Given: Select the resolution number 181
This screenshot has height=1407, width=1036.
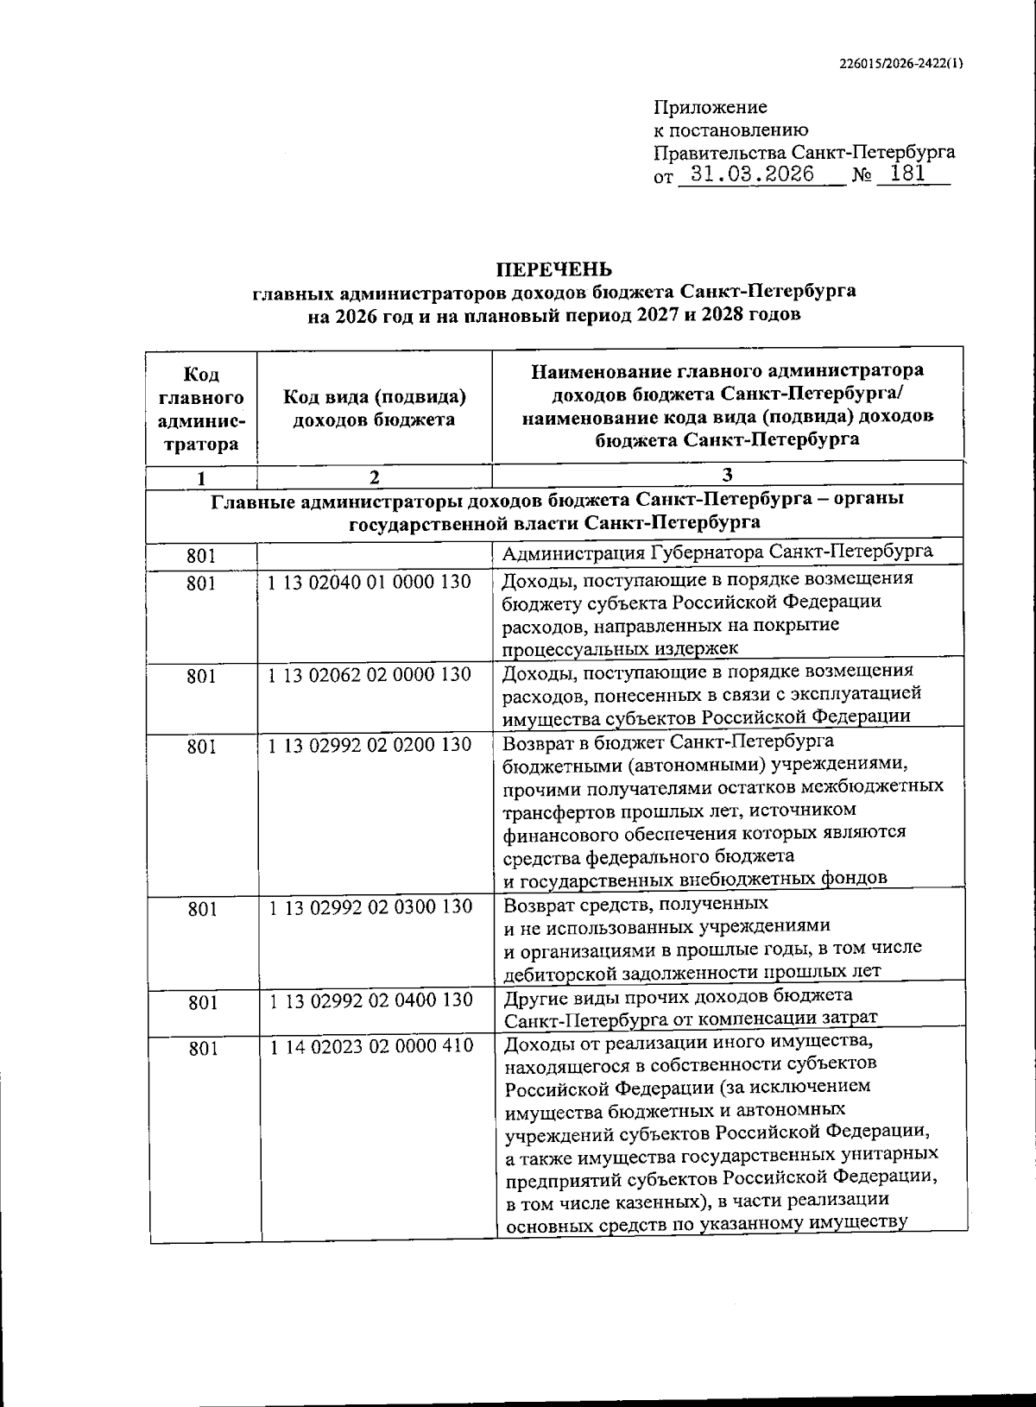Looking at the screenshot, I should pyautogui.click(x=907, y=174).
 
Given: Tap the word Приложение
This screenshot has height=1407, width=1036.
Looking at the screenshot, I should pyautogui.click(x=711, y=108).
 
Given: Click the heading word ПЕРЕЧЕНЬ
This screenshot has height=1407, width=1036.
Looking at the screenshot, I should pyautogui.click(x=553, y=268).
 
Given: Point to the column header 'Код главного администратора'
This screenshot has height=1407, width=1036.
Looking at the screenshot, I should pyautogui.click(x=201, y=410).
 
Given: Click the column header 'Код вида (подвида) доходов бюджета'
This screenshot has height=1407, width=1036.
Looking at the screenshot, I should pyautogui.click(x=374, y=408).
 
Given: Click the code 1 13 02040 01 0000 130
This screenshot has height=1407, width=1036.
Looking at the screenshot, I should pyautogui.click(x=370, y=583).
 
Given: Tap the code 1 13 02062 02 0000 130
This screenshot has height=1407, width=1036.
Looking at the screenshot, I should pyautogui.click(x=370, y=675).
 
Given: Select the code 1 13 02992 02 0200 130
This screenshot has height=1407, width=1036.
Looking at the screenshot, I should pyautogui.click(x=370, y=744).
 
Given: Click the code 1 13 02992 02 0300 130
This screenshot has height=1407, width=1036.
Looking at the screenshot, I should pyautogui.click(x=370, y=907).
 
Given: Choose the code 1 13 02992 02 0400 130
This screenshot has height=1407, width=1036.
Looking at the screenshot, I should pyautogui.click(x=370, y=1000).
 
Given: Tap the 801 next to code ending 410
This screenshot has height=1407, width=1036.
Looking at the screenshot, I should pyautogui.click(x=201, y=1049).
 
